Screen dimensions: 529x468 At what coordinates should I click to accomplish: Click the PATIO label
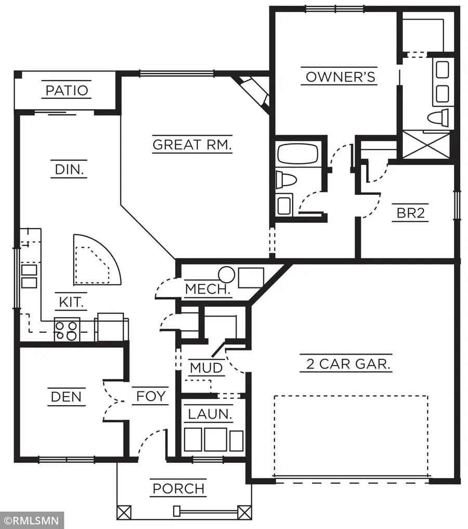coord(67,91)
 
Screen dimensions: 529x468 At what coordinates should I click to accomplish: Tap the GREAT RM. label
coord(192,144)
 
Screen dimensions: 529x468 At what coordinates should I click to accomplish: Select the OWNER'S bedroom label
coord(340,77)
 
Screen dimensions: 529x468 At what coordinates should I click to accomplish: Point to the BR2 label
coord(411,213)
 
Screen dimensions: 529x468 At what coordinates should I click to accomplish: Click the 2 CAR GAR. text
coord(348,363)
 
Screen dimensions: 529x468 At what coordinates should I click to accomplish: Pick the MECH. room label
coord(208,289)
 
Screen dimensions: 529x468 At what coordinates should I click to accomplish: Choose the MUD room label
coord(206,368)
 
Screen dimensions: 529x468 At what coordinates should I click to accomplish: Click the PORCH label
coord(178,489)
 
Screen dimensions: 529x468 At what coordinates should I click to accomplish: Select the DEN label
coord(66,397)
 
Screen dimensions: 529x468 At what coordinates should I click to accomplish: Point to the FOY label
coord(151,397)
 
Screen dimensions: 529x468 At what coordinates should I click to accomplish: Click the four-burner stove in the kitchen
coord(67,330)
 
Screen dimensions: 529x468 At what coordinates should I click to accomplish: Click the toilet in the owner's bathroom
coord(438,117)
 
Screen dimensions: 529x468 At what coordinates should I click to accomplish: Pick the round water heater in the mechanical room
coord(227,274)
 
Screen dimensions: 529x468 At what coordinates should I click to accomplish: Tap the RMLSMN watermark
coord(32,520)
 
